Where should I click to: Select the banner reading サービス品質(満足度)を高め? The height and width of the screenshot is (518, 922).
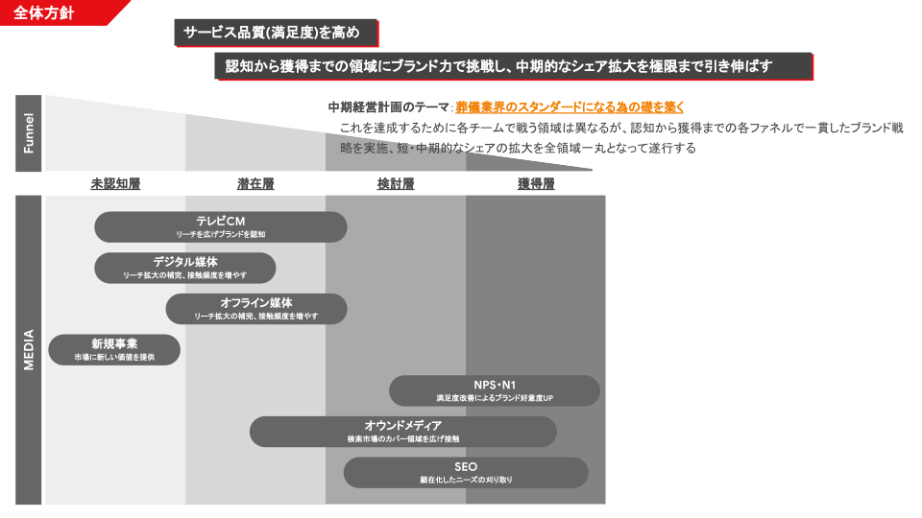pyautogui.click(x=276, y=33)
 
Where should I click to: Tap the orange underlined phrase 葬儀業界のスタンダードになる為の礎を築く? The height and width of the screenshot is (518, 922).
pyautogui.click(x=570, y=107)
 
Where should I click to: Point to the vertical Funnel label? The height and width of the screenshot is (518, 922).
pyautogui.click(x=28, y=133)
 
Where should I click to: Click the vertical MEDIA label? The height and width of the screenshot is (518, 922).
pyautogui.click(x=28, y=350)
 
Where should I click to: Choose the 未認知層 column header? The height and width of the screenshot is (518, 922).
pyautogui.click(x=115, y=184)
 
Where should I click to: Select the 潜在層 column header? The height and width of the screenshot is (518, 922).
pyautogui.click(x=255, y=184)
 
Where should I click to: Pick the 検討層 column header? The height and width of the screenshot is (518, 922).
pyautogui.click(x=396, y=184)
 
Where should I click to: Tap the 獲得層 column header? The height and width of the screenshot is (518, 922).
pyautogui.click(x=536, y=184)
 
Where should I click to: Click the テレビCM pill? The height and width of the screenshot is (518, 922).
pyautogui.click(x=221, y=226)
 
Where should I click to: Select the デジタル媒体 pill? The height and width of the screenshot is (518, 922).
pyautogui.click(x=185, y=268)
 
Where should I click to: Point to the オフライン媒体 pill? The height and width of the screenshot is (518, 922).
pyautogui.click(x=256, y=308)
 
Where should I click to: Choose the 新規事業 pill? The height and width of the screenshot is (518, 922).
pyautogui.click(x=114, y=349)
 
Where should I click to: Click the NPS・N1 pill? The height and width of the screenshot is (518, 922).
pyautogui.click(x=495, y=390)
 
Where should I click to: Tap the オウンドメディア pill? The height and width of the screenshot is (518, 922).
pyautogui.click(x=403, y=432)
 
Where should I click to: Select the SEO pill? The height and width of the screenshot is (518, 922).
pyautogui.click(x=466, y=472)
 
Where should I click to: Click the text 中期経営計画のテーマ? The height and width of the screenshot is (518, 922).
pyautogui.click(x=388, y=107)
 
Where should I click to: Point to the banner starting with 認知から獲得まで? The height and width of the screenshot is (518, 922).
pyautogui.click(x=514, y=66)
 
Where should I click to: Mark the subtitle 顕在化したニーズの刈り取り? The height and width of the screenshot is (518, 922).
pyautogui.click(x=466, y=480)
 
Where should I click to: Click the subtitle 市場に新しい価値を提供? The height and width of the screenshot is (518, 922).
pyautogui.click(x=114, y=357)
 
